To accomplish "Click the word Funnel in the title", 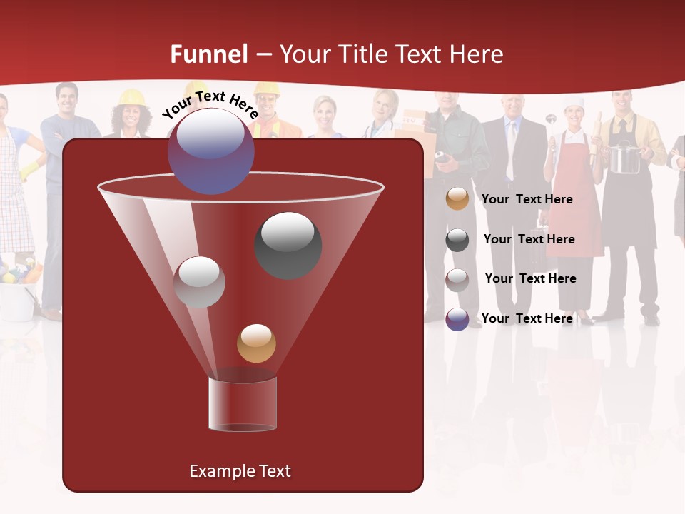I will point(208,54).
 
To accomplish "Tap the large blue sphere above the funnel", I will point(210,151).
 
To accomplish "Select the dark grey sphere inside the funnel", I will point(288,245).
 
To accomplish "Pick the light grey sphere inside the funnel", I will point(200,282).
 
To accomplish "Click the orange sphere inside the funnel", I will point(256,343).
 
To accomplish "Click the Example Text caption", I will point(240,471).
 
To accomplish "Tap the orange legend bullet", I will point(457,199).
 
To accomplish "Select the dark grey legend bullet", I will point(457,240).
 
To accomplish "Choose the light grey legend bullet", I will point(457,279).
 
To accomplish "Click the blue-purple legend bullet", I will point(457,319).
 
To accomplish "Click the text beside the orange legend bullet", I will point(527,200).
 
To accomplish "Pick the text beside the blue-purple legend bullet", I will point(527,318).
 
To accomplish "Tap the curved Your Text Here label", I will point(210,104).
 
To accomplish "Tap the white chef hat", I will point(574,103).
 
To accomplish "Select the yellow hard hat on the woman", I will point(131,97).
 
